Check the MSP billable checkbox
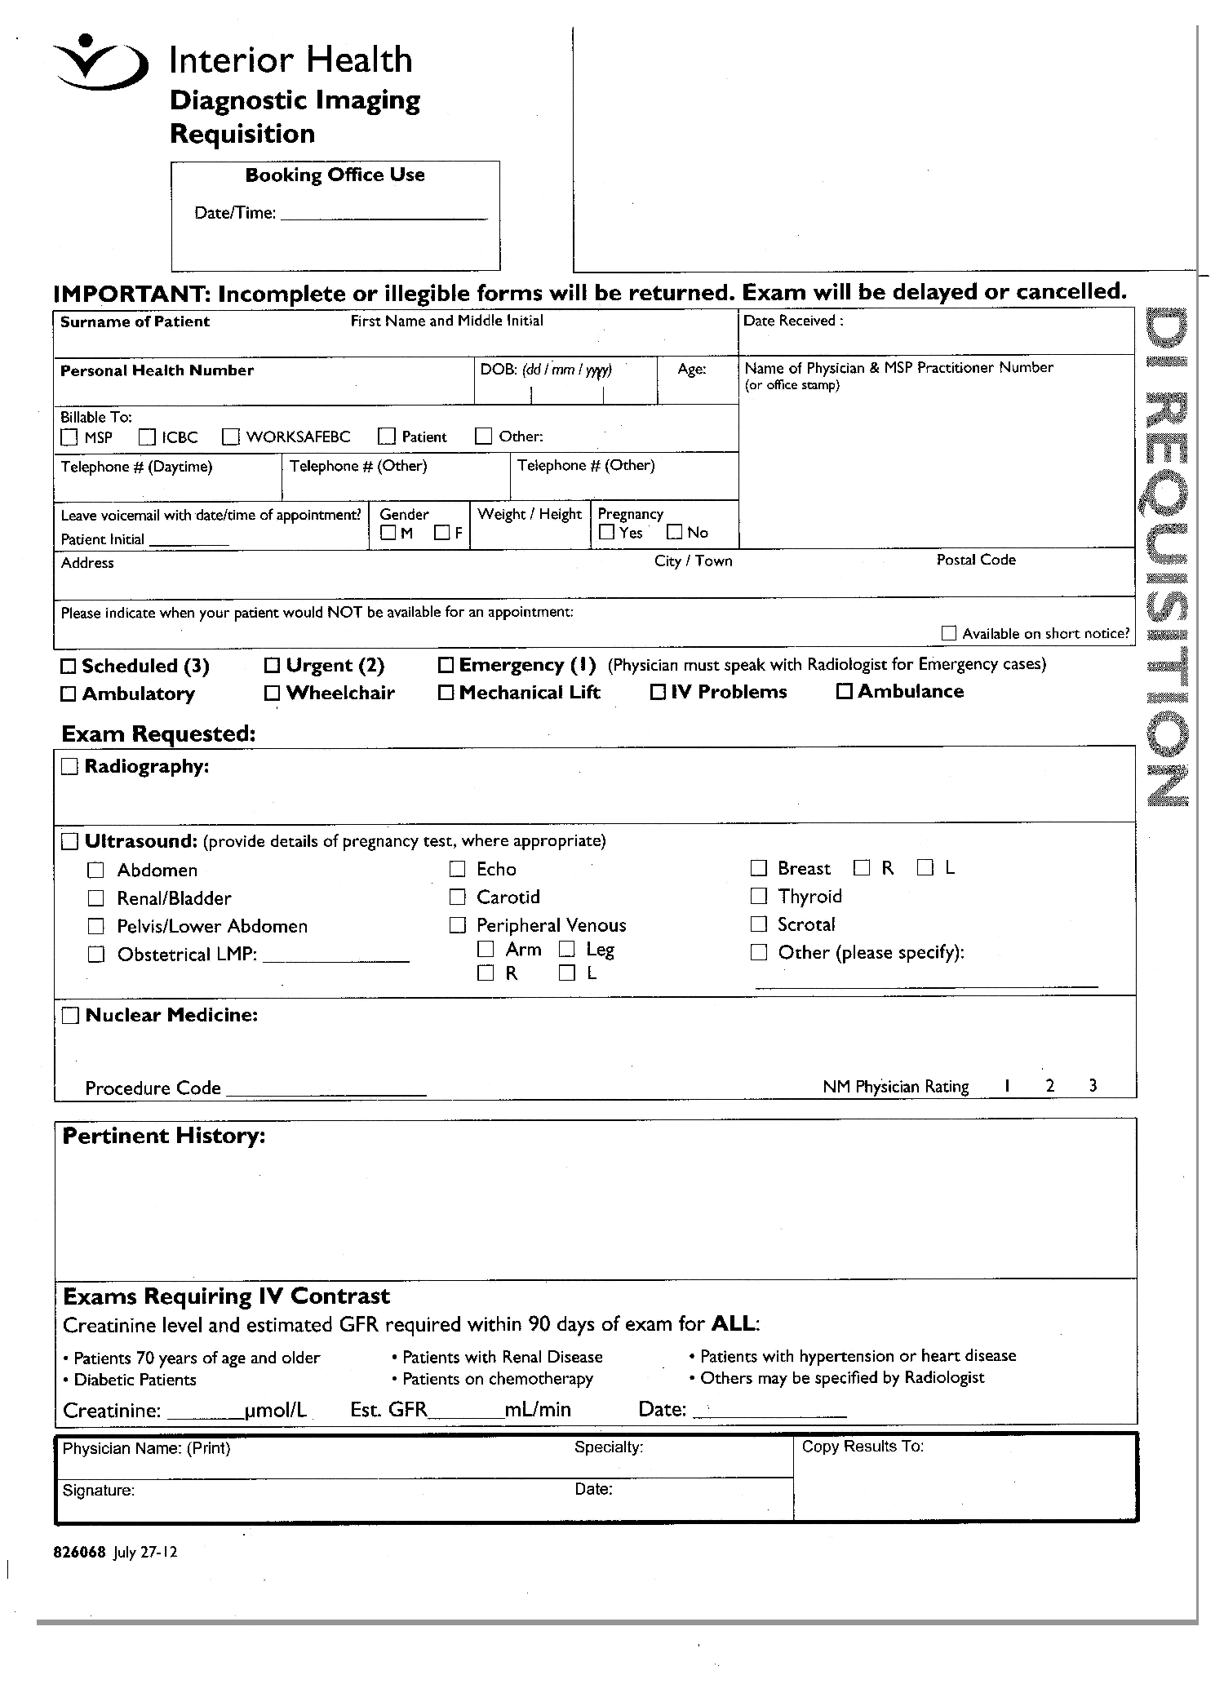tap(69, 437)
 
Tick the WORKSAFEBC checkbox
tap(231, 437)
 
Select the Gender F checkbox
tap(442, 533)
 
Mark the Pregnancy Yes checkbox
tap(606, 532)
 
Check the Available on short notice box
tap(948, 633)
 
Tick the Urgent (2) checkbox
tap(273, 666)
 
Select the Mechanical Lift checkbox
tap(446, 693)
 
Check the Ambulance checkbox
tap(845, 692)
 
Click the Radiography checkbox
tap(69, 767)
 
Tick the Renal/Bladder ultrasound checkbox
tap(96, 898)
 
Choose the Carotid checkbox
tap(458, 897)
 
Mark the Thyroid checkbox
tap(759, 896)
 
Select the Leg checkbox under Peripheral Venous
tap(567, 949)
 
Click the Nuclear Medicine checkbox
tap(71, 1016)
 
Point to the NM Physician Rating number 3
tap(1093, 1086)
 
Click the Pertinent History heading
tap(163, 1136)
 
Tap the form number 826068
tap(79, 1553)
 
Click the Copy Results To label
tap(863, 1447)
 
